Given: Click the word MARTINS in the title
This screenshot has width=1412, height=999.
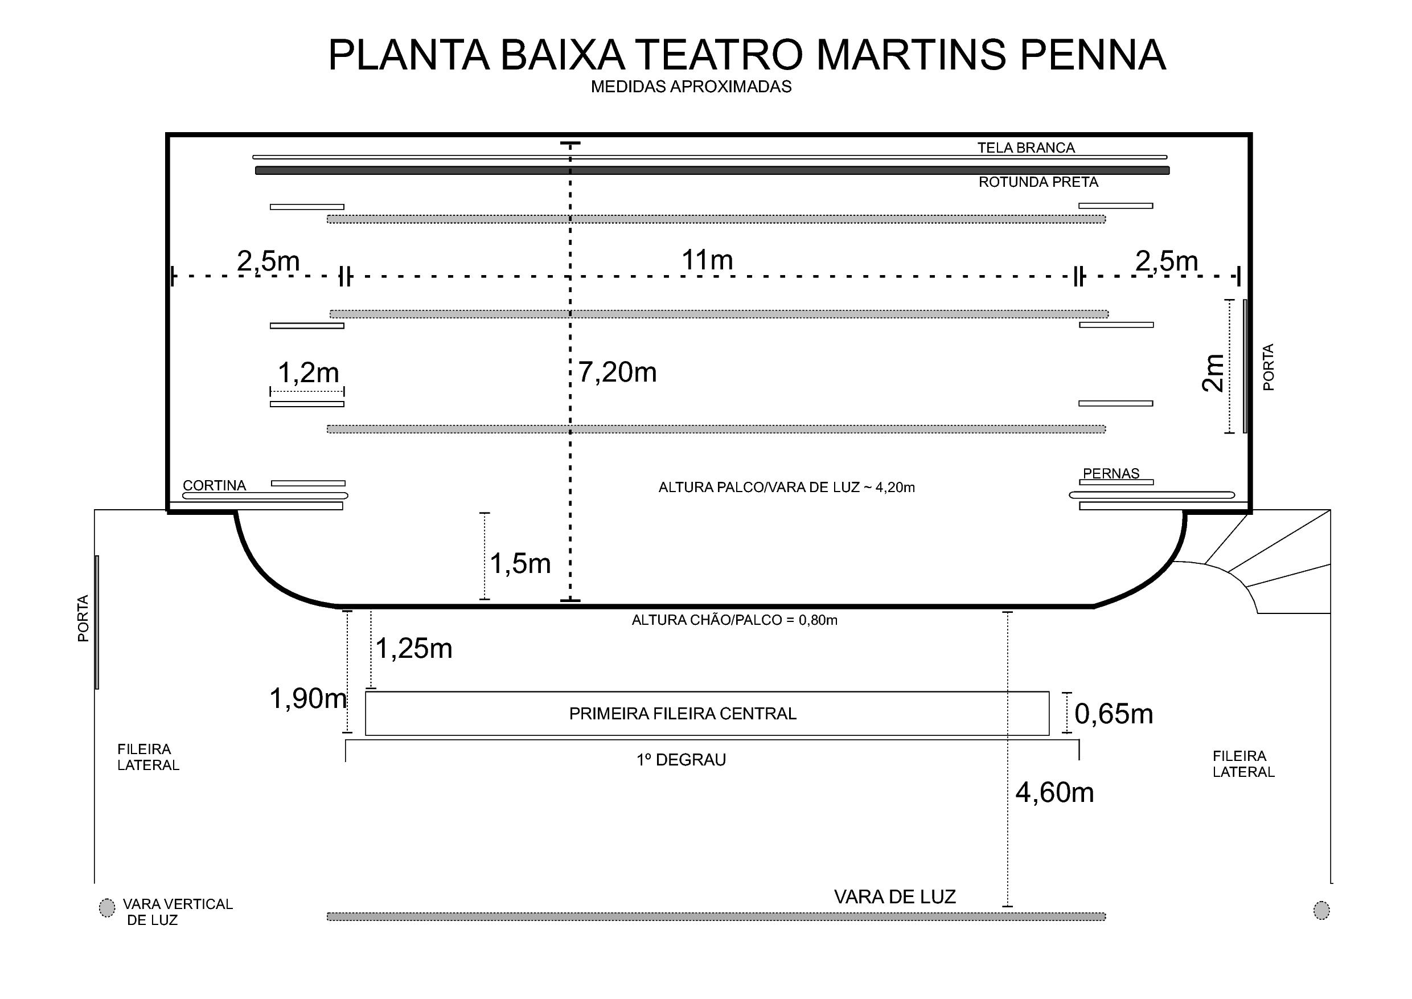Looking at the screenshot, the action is pyautogui.click(x=912, y=55).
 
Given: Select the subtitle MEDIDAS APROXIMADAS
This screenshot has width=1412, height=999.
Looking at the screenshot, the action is pyautogui.click(x=691, y=87).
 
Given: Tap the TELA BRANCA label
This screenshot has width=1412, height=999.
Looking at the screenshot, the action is pyautogui.click(x=1026, y=148).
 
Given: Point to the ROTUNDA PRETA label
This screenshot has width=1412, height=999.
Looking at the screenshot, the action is pyautogui.click(x=1038, y=182).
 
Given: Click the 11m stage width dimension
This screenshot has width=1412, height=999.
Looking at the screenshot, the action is pyautogui.click(x=707, y=260).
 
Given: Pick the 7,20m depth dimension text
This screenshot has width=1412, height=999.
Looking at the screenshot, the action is pyautogui.click(x=617, y=372).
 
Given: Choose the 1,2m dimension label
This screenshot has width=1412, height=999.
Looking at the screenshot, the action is pyautogui.click(x=308, y=373).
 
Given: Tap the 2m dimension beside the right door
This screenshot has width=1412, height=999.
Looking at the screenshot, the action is pyautogui.click(x=1213, y=374).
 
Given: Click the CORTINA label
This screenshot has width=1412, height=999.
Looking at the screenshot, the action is pyautogui.click(x=214, y=485).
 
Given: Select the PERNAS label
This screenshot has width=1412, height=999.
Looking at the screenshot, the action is pyautogui.click(x=1111, y=474).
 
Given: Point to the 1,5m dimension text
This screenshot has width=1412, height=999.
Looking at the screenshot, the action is pyautogui.click(x=520, y=563).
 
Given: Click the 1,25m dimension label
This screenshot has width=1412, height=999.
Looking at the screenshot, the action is pyautogui.click(x=413, y=648).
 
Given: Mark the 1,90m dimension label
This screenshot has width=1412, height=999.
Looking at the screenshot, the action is pyautogui.click(x=308, y=698).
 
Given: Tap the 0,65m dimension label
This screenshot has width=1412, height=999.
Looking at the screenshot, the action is pyautogui.click(x=1113, y=714).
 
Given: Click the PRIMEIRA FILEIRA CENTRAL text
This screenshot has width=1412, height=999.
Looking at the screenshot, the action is pyautogui.click(x=683, y=714).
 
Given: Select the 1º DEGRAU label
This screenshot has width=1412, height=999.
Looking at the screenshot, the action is pyautogui.click(x=681, y=760).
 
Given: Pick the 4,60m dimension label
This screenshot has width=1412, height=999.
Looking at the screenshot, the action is pyautogui.click(x=1054, y=792).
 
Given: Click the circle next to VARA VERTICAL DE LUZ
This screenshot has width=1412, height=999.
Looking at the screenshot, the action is pyautogui.click(x=107, y=907).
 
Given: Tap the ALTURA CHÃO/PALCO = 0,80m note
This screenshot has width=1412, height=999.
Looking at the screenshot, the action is pyautogui.click(x=734, y=620).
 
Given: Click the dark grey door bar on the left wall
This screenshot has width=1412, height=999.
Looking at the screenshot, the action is pyautogui.click(x=97, y=622).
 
